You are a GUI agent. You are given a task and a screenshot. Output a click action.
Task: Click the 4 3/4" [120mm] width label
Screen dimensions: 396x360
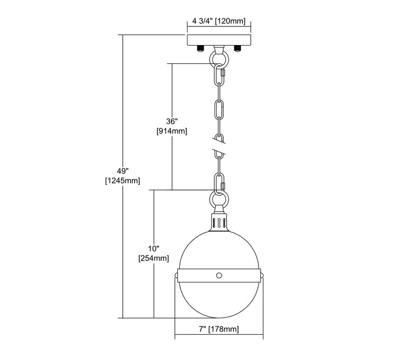219,21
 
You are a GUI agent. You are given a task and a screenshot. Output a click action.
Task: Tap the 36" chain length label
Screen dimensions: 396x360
172,121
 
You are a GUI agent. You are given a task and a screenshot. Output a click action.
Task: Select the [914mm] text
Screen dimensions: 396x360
172,131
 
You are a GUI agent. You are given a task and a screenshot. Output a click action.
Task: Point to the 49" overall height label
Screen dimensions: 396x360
123,171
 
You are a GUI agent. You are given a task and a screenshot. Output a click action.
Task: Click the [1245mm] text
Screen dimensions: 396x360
123,180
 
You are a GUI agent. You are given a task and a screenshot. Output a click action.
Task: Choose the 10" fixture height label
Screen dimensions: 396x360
154,248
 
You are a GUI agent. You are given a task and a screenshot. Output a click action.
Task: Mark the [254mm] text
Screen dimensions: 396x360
154,258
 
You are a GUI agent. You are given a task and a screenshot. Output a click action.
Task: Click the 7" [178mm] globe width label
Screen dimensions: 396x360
219,329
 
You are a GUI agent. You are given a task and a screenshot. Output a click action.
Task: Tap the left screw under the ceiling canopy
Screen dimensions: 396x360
201,48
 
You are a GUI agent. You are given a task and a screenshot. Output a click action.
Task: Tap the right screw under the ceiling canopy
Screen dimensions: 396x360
238,48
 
